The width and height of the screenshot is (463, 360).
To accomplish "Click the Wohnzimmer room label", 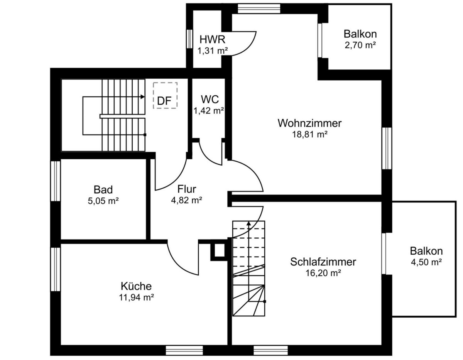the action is [x=309, y=123].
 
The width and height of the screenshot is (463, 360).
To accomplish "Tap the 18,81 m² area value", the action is [x=309, y=135].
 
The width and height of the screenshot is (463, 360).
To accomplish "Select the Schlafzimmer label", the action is [x=323, y=262].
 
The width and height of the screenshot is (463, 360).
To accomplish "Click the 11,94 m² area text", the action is [x=136, y=297].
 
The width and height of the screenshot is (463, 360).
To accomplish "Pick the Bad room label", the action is [x=103, y=189].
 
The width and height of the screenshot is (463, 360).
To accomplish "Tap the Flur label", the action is [x=187, y=189].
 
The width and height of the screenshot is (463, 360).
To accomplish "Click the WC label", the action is [x=210, y=99].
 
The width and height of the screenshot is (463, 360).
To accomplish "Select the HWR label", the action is [x=212, y=39].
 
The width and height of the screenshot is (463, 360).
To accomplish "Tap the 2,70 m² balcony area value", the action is [x=360, y=45].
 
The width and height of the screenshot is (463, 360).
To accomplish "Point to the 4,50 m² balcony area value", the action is [x=426, y=262].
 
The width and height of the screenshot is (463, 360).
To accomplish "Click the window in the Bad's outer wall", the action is [x=56, y=181].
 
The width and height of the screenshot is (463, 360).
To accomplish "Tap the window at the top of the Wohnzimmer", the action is [x=259, y=9].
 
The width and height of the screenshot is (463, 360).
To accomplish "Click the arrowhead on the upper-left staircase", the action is [x=143, y=97].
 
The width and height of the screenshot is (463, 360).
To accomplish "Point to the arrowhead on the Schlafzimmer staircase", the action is [x=248, y=223].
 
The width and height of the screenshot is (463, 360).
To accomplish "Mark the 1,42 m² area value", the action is [x=209, y=111].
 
